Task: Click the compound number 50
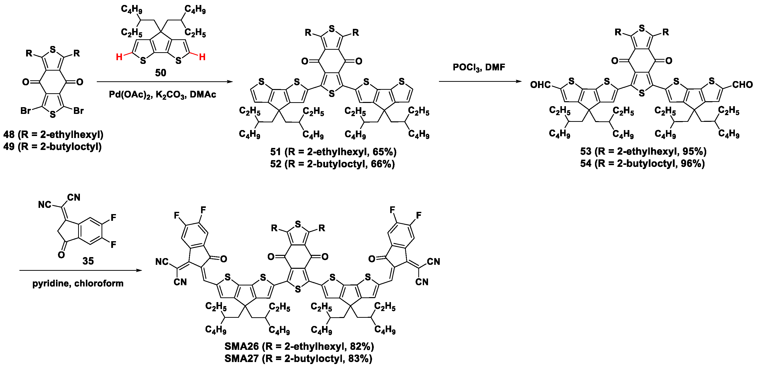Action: pyautogui.click(x=161, y=73)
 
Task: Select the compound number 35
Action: pyautogui.click(x=88, y=261)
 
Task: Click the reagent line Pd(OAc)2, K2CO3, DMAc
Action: pyautogui.click(x=162, y=94)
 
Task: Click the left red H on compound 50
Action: pyautogui.click(x=119, y=57)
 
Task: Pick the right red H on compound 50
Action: pyautogui.click(x=202, y=57)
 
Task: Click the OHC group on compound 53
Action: pyautogui.click(x=540, y=85)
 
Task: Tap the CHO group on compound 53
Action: pyautogui.click(x=742, y=85)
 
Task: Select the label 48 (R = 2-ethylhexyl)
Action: pyautogui.click(x=54, y=135)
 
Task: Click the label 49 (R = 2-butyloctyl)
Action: pyautogui.click(x=53, y=146)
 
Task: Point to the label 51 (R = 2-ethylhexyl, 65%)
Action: pyautogui.click(x=333, y=152)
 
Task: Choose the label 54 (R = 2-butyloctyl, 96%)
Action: pyautogui.click(x=642, y=163)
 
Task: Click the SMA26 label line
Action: pyautogui.click(x=299, y=346)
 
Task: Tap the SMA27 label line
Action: pyautogui.click(x=298, y=359)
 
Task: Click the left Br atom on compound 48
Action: pyautogui.click(x=26, y=111)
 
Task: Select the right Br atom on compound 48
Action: pyautogui.click(x=78, y=111)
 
